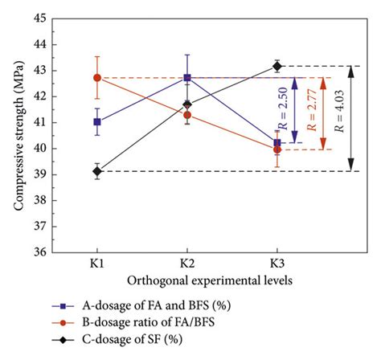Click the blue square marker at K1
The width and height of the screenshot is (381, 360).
(97, 122)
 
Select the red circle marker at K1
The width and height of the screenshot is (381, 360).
(97, 78)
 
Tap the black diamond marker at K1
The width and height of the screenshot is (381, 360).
(97, 171)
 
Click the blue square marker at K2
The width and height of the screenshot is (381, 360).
(187, 78)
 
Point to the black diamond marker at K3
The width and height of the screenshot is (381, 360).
(277, 67)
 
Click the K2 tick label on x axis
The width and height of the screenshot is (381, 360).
(187, 264)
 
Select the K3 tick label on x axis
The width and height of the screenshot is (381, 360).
(277, 264)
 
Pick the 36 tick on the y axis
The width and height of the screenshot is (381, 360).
(41, 252)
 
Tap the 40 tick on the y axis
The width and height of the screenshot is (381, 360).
(41, 149)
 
